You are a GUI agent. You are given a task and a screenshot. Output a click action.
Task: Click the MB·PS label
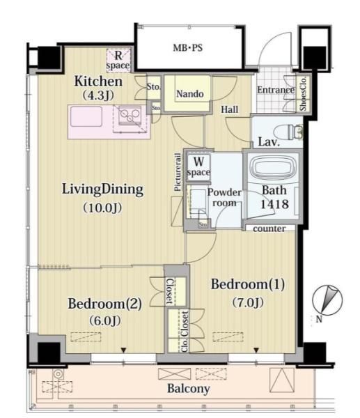[x=188, y=48]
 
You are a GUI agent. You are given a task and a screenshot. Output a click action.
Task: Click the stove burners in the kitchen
[x=130, y=115]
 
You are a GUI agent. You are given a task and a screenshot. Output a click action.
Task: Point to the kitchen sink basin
[x=86, y=116]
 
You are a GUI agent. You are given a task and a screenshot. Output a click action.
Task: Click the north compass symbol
[x=327, y=300]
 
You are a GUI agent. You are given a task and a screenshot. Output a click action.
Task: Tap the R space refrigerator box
[x=118, y=60]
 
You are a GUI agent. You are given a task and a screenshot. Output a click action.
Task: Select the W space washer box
[x=198, y=167]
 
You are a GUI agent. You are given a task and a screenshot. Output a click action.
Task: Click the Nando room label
[x=190, y=94]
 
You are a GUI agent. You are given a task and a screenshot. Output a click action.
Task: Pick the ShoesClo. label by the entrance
[x=304, y=93]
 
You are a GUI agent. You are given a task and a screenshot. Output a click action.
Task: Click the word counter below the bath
[x=269, y=229]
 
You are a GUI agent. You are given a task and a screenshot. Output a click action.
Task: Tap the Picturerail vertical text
[x=178, y=172]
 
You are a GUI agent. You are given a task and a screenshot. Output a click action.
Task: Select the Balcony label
[x=189, y=389]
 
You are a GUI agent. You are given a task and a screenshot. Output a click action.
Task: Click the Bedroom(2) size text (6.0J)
[x=105, y=320]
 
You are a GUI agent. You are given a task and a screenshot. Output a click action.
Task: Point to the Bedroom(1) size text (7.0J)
[x=248, y=302]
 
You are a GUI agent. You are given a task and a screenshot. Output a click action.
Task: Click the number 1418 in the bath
[x=274, y=204]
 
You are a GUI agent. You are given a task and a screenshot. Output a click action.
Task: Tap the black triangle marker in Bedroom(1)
[x=256, y=350]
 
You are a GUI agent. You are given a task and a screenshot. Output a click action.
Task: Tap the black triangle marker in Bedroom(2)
[x=123, y=350]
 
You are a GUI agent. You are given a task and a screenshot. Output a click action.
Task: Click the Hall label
[x=229, y=109]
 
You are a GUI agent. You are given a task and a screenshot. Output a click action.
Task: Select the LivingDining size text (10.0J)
[x=102, y=208]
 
